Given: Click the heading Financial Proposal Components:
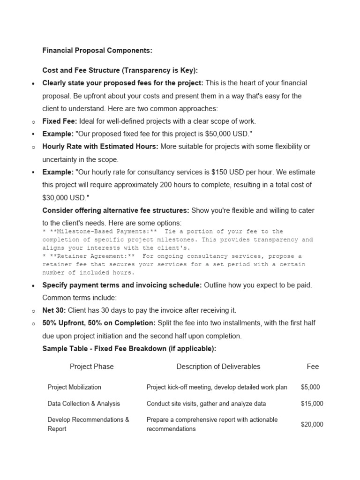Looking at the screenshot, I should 97,50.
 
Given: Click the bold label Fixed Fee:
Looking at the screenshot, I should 60,121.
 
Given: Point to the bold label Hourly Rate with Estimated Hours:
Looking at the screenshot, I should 100,146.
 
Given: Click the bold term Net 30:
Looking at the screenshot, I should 54,310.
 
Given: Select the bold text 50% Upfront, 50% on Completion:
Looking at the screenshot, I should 99,323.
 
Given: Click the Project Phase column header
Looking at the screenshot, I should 91,367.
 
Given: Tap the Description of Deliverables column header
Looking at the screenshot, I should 218,367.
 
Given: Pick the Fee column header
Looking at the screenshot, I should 313,367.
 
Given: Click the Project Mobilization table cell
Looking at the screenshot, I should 74,387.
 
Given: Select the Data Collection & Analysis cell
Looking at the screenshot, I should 83,404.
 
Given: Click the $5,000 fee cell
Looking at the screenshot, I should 310,387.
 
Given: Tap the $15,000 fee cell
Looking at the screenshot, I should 312,404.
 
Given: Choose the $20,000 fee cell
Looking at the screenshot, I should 312,424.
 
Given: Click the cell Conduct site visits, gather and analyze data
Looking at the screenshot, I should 206,404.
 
